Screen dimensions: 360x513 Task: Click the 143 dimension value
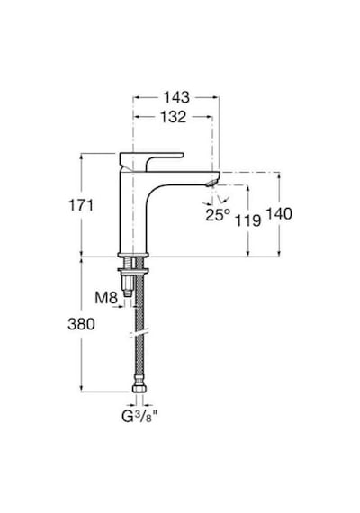coord(176,97)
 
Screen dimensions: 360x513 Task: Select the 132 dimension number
coord(173,117)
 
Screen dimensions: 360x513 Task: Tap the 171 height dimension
coord(81,205)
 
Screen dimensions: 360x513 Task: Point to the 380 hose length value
coord(81,324)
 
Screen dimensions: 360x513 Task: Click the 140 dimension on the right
coord(279,214)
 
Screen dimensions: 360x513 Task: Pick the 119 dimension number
coord(248,220)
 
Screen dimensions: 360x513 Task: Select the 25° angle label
coord(218,214)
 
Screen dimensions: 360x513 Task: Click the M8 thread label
coord(106,298)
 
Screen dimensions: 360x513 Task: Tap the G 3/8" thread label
coord(139,416)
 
